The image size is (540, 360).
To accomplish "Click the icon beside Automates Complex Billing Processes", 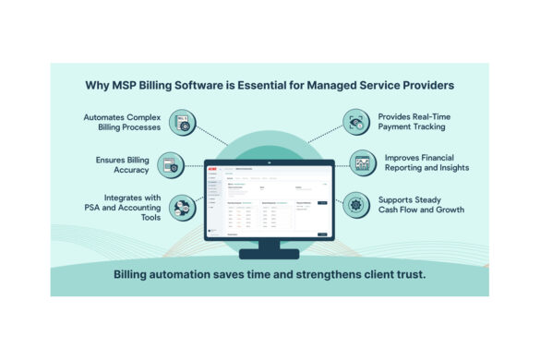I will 184,122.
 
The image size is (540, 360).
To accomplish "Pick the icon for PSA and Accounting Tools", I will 184,207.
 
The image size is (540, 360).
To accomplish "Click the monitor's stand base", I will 270,253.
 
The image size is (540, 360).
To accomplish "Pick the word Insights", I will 450,168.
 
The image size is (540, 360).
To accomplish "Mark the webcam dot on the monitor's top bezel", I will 270,162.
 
